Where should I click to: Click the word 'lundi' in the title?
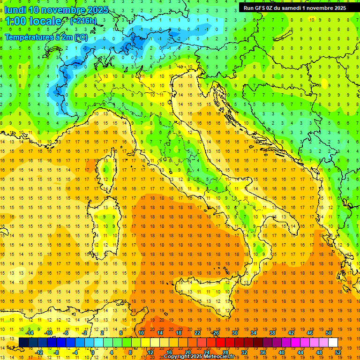coord(15,9)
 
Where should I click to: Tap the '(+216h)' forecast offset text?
coord(83,21)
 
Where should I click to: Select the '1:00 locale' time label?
coord(33,21)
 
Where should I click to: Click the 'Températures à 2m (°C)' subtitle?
coord(46,37)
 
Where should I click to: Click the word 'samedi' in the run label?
coord(291,8)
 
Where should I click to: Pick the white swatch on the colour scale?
coord(333,342)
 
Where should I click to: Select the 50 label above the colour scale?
coord(328,333)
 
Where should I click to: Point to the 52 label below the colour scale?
coord(338,352)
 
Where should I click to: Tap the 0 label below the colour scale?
coord(93,352)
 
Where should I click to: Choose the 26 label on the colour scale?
coord(216,333)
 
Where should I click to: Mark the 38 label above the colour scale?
coord(272,333)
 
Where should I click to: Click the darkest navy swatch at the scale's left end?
coord(23,342)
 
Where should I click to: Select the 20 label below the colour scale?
coord(188,352)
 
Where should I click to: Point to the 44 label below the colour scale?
coord(300,352)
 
